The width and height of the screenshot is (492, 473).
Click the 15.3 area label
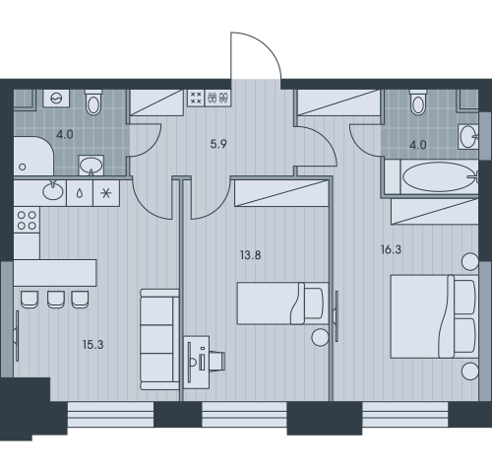(93, 345)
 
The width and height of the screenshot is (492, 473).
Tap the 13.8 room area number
(251, 255)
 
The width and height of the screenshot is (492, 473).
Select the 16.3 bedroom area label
(391, 249)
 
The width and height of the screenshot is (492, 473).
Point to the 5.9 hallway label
(218, 144)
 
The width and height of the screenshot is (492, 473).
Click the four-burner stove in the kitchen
(27, 220)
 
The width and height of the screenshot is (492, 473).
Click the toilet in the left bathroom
(93, 102)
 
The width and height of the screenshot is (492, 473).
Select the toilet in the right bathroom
(418, 102)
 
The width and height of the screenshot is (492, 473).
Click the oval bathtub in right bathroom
(440, 177)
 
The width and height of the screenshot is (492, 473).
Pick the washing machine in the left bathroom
(56, 98)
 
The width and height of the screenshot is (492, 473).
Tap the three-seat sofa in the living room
(159, 339)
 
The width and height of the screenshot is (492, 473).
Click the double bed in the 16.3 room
(434, 316)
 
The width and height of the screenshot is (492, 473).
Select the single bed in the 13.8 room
(282, 304)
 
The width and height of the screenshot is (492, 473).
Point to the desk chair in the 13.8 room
(217, 361)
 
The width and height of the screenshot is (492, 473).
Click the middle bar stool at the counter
(56, 300)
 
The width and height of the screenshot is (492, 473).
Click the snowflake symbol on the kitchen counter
(106, 193)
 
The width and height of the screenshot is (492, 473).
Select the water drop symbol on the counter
(80, 193)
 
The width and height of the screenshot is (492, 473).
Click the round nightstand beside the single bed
(320, 337)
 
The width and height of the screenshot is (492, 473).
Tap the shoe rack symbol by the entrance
(218, 98)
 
